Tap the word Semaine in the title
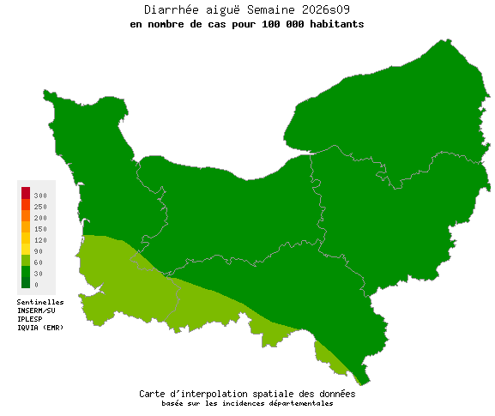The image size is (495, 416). click(268, 9)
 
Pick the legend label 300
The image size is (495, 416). click(40, 196)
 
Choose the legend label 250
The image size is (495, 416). click(40, 207)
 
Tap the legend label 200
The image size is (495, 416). click(40, 218)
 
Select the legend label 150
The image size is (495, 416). click(40, 229)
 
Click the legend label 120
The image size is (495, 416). click(40, 240)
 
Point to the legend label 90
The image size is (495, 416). click(39, 251)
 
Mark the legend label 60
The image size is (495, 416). click(39, 262)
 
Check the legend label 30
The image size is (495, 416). click(39, 274)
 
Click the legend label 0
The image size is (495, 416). click(36, 285)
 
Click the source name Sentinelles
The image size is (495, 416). click(40, 302)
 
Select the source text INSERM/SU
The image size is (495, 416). click(36, 310)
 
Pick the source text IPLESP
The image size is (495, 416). click(30, 319)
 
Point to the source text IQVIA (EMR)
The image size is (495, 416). click(40, 328)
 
